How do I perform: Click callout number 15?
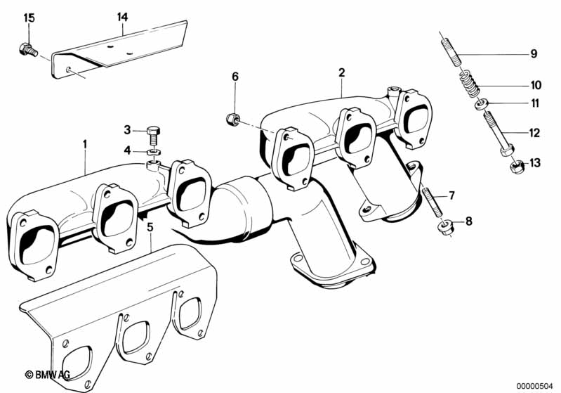28,18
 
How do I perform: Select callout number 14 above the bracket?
123,15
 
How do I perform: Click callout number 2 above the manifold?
341,72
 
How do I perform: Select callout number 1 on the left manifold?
85,145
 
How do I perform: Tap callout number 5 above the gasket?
150,227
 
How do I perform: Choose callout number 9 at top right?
533,53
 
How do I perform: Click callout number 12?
534,131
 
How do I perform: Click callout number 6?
235,76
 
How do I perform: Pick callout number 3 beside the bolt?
127,129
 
